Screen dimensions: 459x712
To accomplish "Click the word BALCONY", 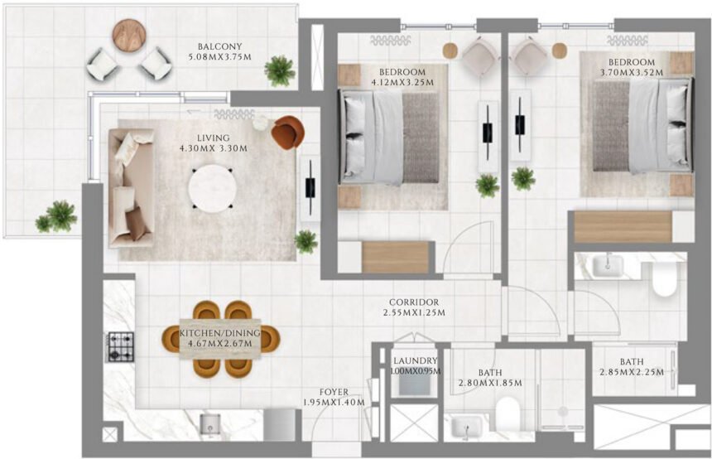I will click(x=219, y=46).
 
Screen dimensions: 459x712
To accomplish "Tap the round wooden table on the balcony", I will click(x=129, y=35).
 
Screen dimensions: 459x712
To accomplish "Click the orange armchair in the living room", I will click(x=287, y=132).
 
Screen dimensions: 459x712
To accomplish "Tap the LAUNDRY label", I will click(x=415, y=361).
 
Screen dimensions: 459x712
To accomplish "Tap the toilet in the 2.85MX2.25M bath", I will click(x=664, y=278).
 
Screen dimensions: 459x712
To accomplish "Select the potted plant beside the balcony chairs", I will click(x=281, y=71).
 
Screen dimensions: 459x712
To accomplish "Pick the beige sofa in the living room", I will click(x=132, y=190).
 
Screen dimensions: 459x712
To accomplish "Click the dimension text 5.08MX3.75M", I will click(x=219, y=57).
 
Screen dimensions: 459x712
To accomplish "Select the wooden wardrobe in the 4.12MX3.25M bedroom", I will click(x=395, y=257).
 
